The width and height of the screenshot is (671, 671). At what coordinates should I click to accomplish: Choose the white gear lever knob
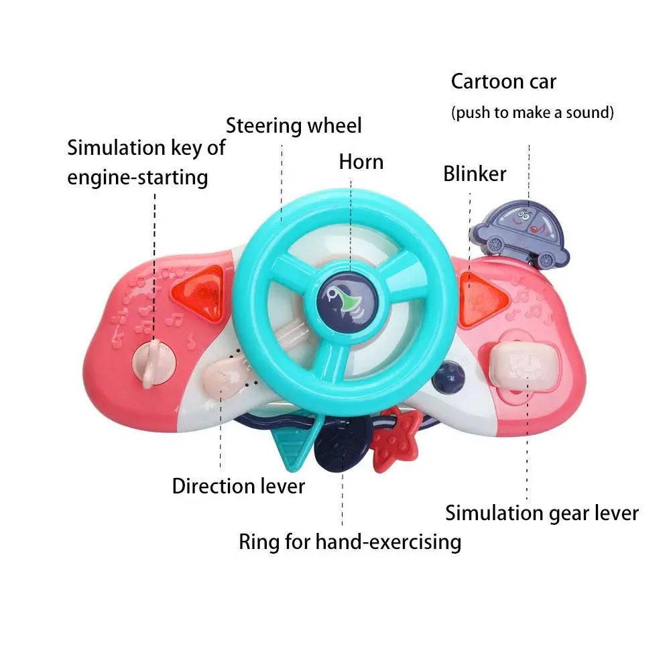(526, 365)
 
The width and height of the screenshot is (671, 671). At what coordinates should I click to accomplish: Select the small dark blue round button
(447, 379)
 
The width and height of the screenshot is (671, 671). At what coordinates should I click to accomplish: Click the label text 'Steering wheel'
(293, 125)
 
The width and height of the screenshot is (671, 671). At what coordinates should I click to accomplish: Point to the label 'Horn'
(361, 162)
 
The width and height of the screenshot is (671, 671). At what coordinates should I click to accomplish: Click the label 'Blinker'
(475, 174)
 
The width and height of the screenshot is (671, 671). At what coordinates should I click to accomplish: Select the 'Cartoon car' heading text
(503, 82)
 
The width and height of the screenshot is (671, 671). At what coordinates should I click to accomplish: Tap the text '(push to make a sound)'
(532, 112)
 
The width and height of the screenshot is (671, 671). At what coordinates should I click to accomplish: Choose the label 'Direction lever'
(238, 486)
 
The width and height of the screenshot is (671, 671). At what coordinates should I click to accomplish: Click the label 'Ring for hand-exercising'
(350, 542)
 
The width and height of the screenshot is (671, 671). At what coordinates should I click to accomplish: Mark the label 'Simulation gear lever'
(542, 513)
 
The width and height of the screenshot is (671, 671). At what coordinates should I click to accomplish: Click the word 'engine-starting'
(137, 178)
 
